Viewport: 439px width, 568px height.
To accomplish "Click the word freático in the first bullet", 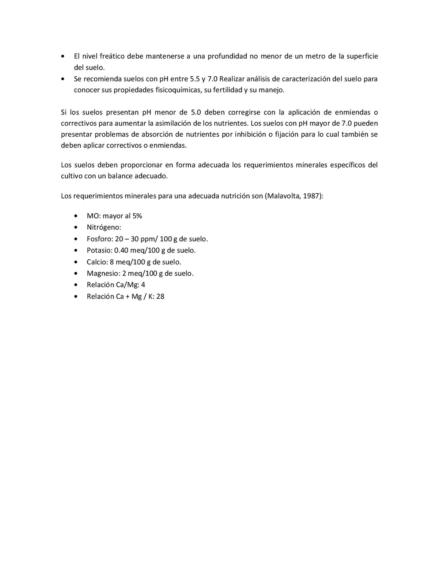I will click(x=111, y=56).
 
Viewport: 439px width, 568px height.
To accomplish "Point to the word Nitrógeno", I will click(x=103, y=228).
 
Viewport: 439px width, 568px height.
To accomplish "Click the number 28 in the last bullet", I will click(x=160, y=296).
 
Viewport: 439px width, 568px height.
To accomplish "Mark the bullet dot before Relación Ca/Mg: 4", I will click(x=76, y=285).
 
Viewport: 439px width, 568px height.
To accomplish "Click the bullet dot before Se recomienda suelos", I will click(x=63, y=79).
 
